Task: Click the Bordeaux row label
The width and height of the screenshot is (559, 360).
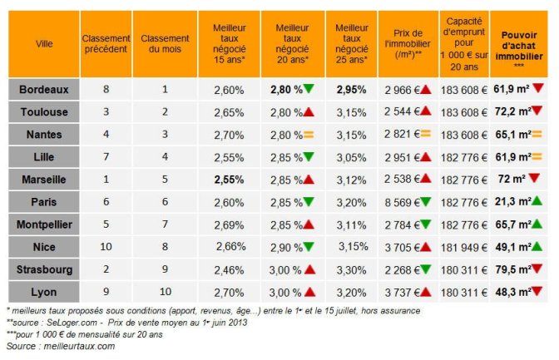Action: (43, 88)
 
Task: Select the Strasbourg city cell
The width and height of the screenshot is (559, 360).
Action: (43, 269)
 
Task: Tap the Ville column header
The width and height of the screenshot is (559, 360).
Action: (43, 44)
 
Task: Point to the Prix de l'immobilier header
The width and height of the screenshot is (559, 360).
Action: (408, 43)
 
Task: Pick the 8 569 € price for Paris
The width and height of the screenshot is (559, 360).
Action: (402, 201)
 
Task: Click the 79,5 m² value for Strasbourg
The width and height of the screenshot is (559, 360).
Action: (512, 269)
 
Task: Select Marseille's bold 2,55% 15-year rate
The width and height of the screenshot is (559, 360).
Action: (229, 179)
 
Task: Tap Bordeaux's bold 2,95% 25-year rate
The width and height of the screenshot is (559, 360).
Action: (352, 88)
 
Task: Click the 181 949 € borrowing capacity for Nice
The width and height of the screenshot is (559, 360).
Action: (463, 247)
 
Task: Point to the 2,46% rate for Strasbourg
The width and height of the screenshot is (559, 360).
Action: (229, 269)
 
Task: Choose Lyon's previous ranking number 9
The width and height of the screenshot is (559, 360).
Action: (106, 292)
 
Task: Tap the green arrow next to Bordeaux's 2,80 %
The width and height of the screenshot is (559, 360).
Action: (309, 88)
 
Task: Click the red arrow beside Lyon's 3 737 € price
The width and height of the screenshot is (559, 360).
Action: (425, 292)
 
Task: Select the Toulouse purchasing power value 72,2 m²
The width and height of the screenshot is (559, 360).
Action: (512, 111)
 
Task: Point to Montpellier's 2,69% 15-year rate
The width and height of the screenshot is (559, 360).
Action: (229, 224)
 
